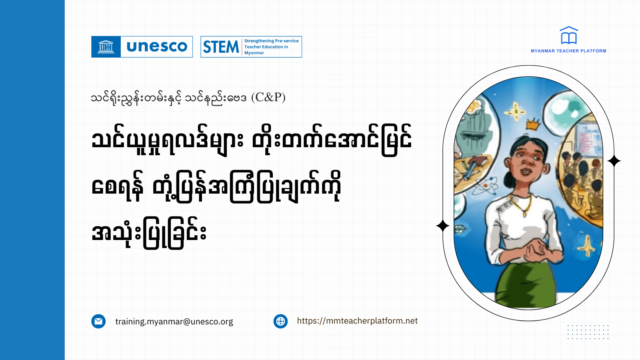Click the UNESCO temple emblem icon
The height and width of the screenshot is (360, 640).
pyautogui.click(x=106, y=47)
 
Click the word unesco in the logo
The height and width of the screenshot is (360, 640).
pyautogui.click(x=157, y=47)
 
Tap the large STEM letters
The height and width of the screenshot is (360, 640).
pyautogui.click(x=221, y=47)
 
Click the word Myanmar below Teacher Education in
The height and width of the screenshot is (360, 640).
pyautogui.click(x=254, y=53)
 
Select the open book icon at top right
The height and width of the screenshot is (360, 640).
pyautogui.click(x=568, y=36)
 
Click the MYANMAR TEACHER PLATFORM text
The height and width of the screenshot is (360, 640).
pyautogui.click(x=568, y=51)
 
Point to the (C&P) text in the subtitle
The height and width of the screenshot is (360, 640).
pyautogui.click(x=268, y=97)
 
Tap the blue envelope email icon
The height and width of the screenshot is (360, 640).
pyautogui.click(x=98, y=321)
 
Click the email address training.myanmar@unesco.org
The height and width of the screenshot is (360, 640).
pyautogui.click(x=174, y=322)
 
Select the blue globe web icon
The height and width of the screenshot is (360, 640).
pyautogui.click(x=280, y=321)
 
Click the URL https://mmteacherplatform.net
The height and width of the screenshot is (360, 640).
pyautogui.click(x=357, y=321)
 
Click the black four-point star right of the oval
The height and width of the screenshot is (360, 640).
pyautogui.click(x=614, y=161)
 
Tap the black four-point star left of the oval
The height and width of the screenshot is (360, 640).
pyautogui.click(x=442, y=226)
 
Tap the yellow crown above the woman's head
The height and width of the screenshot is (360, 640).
pyautogui.click(x=533, y=125)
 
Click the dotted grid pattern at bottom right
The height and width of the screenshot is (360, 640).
pyautogui.click(x=588, y=332)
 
